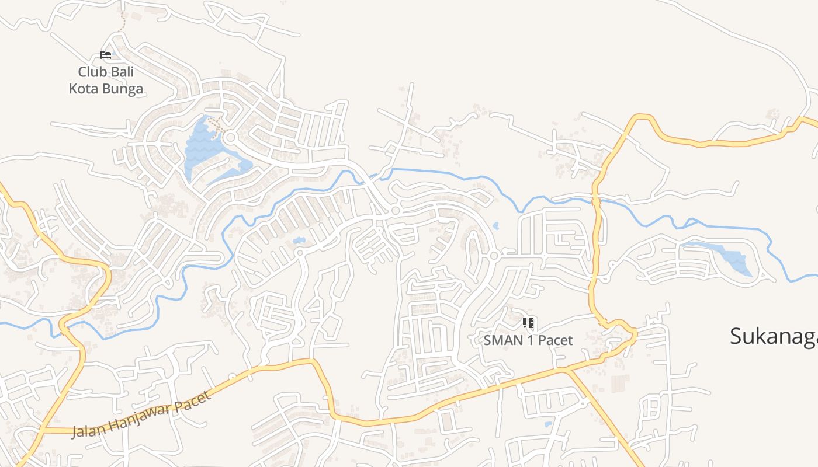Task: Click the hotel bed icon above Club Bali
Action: pos(106,55)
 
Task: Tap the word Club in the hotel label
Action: pos(91,72)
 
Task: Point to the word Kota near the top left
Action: pos(84,89)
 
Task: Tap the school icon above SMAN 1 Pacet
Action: pos(529,323)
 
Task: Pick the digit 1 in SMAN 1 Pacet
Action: pos(531,340)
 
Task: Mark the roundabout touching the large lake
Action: pos(230,138)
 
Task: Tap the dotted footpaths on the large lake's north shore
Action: pos(214,122)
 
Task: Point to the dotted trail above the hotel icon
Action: pos(122,22)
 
